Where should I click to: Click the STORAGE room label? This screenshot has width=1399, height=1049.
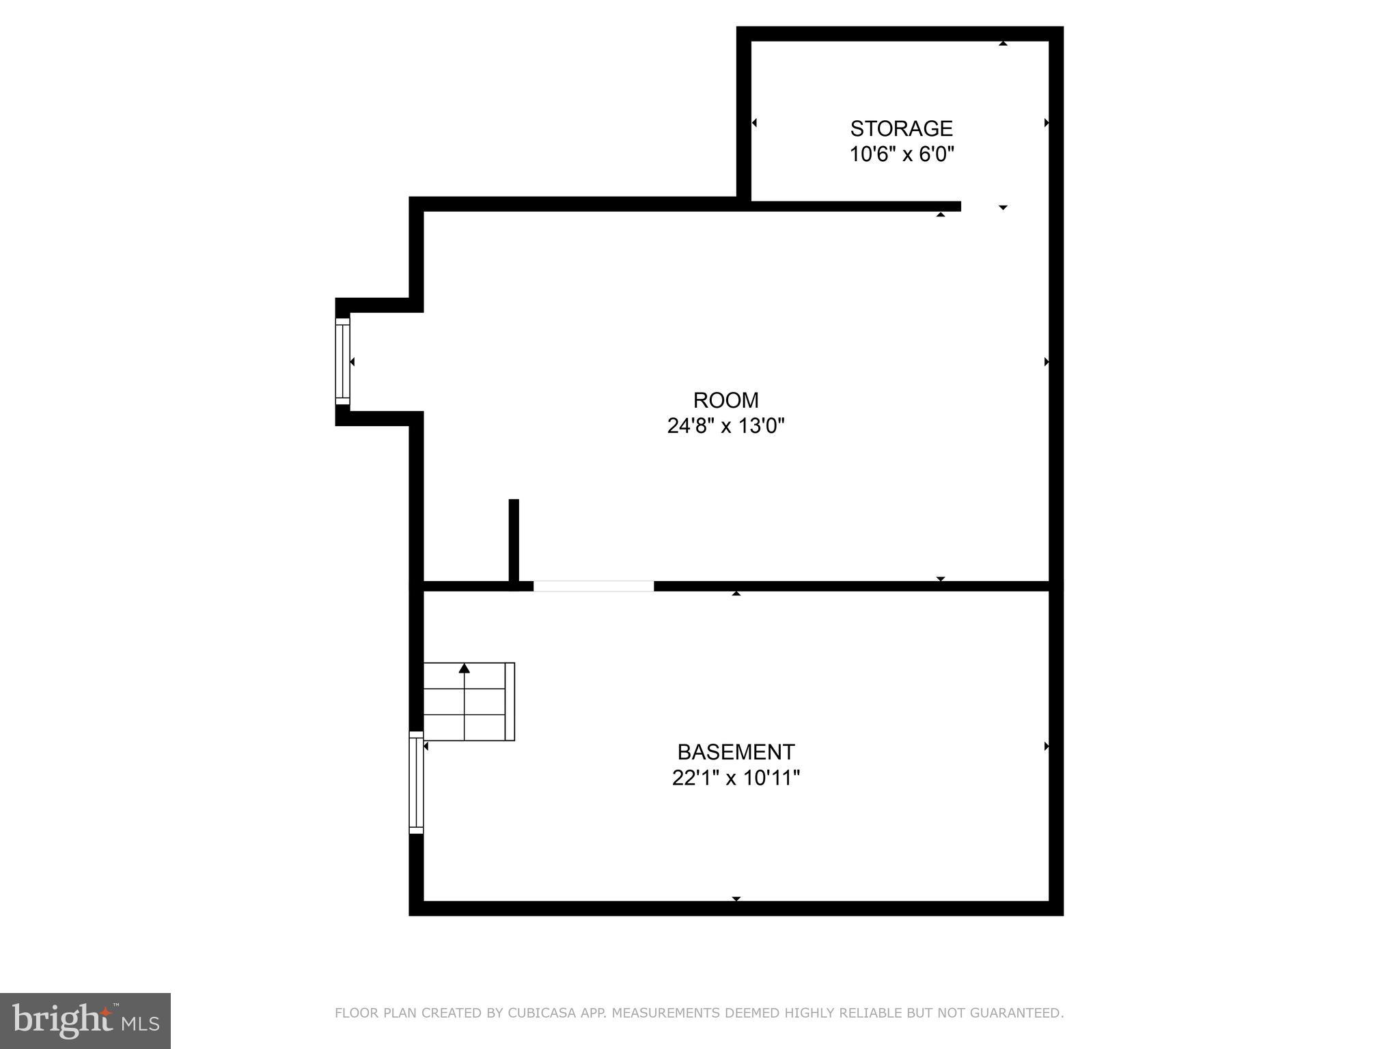click(901, 128)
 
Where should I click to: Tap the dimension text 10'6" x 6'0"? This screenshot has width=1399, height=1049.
click(901, 154)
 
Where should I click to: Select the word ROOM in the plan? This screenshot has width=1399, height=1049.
click(725, 400)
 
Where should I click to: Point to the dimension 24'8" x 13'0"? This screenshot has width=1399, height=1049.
click(725, 426)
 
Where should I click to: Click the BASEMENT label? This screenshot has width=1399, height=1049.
click(736, 752)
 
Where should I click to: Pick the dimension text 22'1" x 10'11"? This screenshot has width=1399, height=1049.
click(736, 778)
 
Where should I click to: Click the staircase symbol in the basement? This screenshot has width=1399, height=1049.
click(469, 701)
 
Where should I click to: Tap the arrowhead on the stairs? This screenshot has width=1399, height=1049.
click(465, 668)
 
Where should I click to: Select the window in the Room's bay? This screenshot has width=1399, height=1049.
click(342, 361)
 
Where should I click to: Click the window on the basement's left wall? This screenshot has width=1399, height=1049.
click(416, 782)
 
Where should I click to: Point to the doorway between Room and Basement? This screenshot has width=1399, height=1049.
click(593, 586)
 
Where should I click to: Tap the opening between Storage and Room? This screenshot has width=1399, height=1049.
click(1004, 206)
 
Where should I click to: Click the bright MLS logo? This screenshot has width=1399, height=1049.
click(85, 1020)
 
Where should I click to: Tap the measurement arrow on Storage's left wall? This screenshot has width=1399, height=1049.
click(754, 123)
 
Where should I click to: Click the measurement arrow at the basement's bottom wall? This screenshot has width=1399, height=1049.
click(736, 899)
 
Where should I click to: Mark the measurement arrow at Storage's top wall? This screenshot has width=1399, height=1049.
click(1003, 43)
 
